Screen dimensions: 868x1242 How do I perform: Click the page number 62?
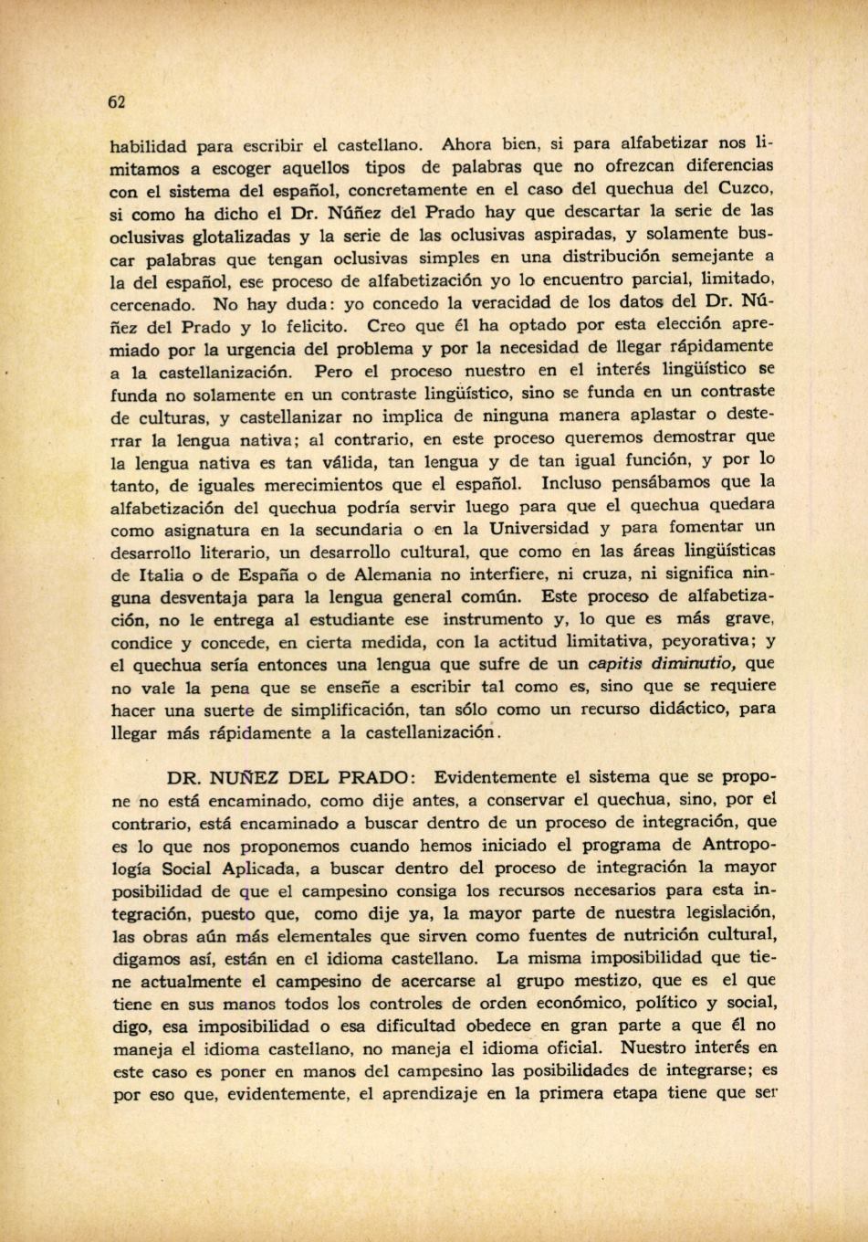[x=116, y=101]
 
